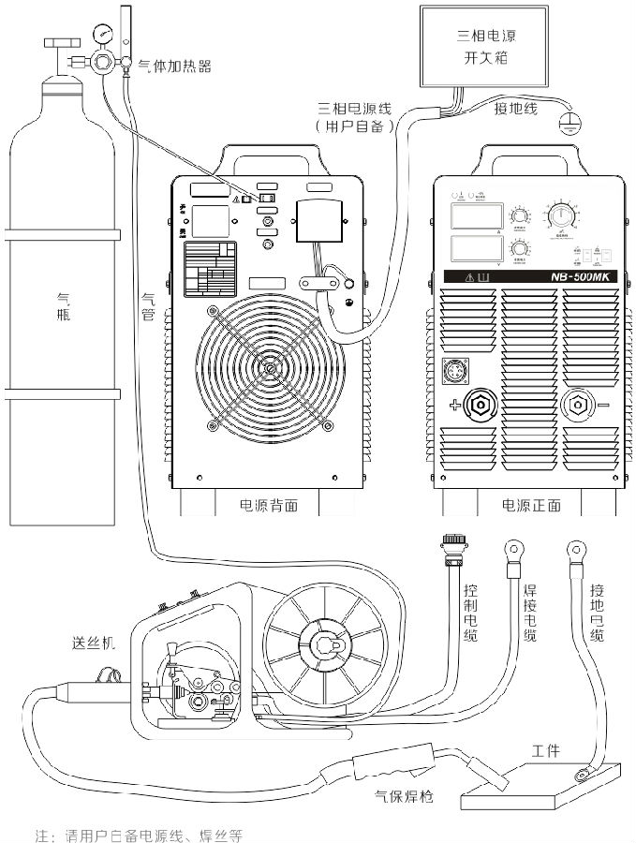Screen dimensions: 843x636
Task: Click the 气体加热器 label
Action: coord(174,66)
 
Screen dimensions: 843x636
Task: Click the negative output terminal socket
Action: coord(576,405)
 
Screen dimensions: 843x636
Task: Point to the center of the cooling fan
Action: coord(270,368)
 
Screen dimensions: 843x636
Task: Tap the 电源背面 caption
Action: coord(269,505)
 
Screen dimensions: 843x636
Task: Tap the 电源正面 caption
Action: coord(531,505)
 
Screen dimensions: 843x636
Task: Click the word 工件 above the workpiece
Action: coord(546,751)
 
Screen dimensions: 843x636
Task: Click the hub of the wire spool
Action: coord(324,645)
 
